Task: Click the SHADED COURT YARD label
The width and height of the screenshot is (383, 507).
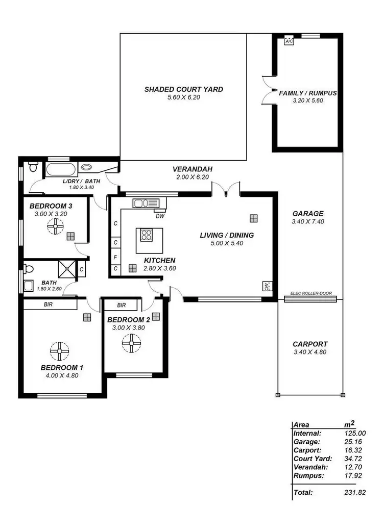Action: coord(183,89)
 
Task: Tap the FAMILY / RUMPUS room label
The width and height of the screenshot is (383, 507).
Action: coord(308,93)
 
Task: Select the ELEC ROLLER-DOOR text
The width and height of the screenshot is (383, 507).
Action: coord(310,293)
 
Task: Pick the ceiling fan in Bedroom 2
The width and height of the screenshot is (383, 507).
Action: coord(131,343)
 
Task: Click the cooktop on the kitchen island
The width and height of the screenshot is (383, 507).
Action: coord(146,235)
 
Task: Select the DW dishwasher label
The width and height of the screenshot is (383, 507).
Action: coord(160,216)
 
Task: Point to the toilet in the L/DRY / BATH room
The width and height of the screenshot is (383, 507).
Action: coord(33,167)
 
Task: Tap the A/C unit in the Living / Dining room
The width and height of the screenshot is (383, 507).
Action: coord(267,286)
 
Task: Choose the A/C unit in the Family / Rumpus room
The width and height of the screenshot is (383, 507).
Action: coord(289,40)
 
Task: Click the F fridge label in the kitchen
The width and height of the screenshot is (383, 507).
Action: coord(116,257)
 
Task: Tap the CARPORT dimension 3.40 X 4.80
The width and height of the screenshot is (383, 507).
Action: coord(310,352)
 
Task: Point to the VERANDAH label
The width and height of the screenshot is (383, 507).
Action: coord(192,169)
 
